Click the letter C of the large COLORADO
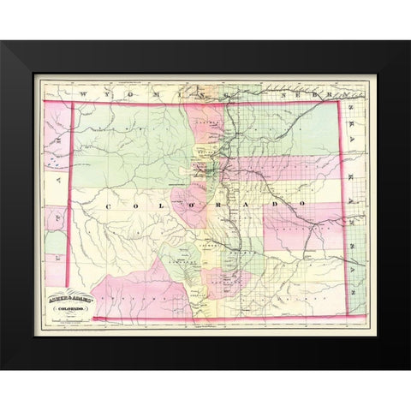click(x=110, y=207)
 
